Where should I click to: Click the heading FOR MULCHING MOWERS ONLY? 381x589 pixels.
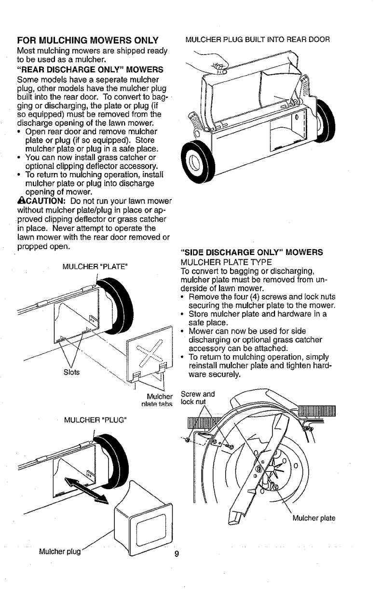87,40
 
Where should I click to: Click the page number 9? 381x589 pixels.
177,553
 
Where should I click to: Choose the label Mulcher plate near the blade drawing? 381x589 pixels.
313,519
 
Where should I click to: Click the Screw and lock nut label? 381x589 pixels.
196,397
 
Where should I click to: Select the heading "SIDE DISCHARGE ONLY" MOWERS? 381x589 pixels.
251,253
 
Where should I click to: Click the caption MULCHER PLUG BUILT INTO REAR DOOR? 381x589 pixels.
258,40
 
